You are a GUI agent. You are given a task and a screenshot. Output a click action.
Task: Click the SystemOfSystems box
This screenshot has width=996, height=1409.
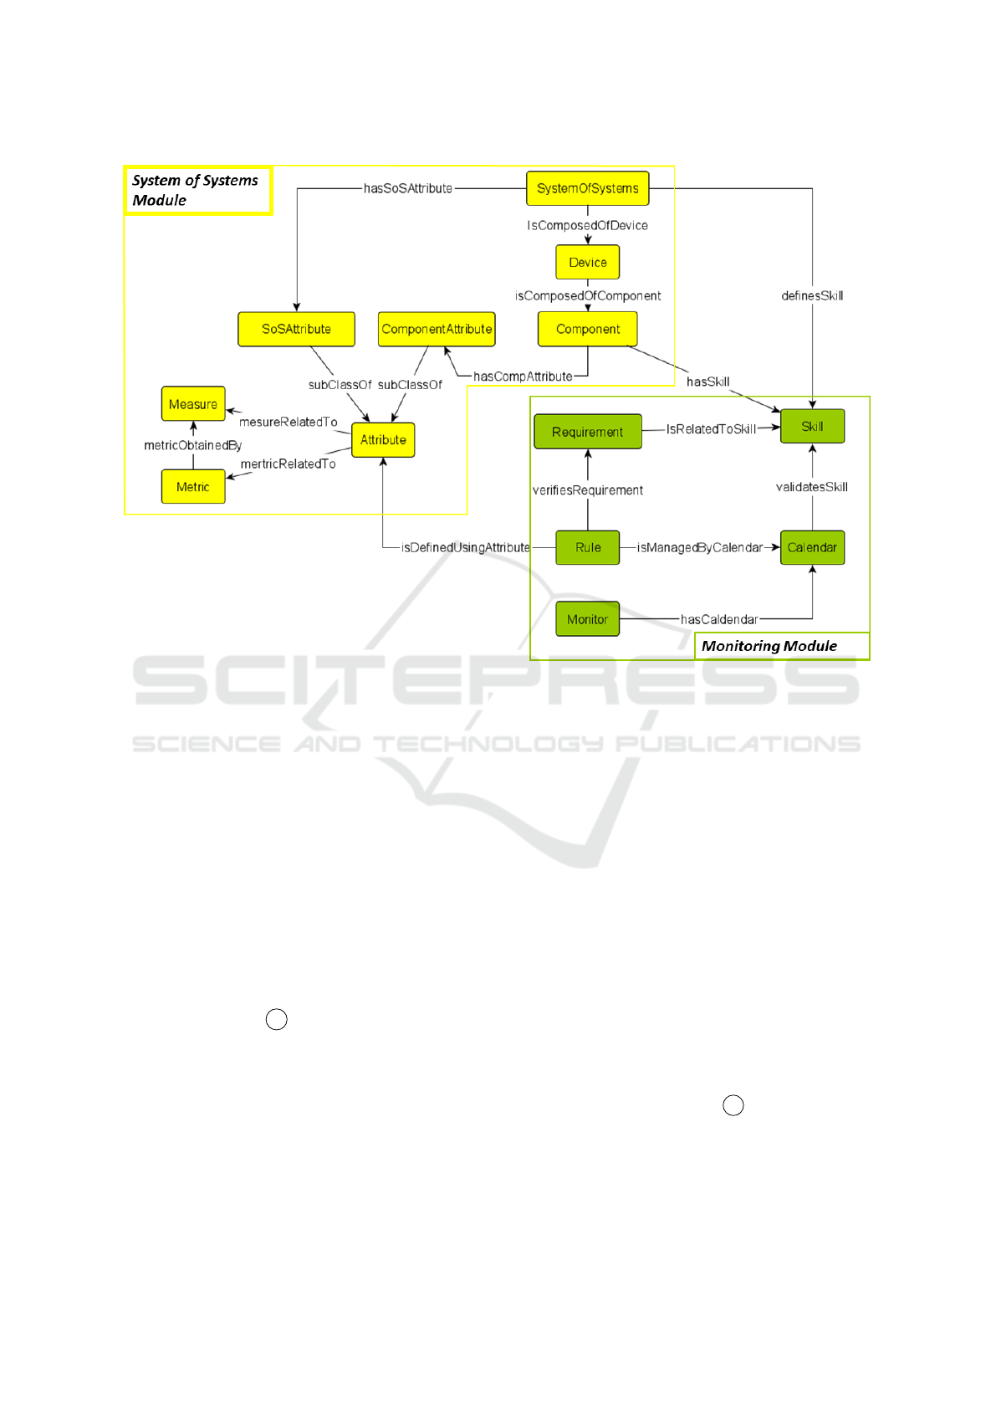[587, 188]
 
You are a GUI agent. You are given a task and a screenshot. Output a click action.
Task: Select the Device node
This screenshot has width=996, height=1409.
[587, 262]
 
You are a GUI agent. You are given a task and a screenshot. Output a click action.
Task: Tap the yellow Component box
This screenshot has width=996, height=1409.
[587, 329]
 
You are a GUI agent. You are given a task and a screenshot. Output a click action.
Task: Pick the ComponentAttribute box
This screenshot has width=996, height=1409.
[437, 329]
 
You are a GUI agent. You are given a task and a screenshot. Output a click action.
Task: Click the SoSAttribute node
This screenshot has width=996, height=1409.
[296, 329]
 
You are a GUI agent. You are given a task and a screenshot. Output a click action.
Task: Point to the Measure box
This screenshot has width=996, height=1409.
[193, 404]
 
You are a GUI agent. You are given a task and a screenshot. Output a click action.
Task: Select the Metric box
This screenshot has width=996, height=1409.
[193, 486]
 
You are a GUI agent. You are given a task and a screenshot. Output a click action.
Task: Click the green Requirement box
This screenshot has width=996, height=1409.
[588, 432]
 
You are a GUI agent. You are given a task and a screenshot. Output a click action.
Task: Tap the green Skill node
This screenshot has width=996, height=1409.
[812, 427]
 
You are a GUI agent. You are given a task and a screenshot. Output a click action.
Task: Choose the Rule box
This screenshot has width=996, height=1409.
[587, 547]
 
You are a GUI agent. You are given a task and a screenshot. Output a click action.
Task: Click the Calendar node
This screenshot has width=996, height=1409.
[812, 547]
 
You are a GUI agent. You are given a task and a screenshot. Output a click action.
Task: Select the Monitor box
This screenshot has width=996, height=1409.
[587, 619]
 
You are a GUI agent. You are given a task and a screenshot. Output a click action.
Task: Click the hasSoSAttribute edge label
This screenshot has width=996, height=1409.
[408, 188]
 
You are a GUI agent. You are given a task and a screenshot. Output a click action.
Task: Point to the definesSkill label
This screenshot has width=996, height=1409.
[812, 295]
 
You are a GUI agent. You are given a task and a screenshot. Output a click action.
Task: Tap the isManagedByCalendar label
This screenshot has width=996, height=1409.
[700, 547]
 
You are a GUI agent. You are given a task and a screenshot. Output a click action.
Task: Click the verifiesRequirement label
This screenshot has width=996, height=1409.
[587, 490]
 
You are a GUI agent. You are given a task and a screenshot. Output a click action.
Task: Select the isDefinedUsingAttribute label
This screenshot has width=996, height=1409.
[465, 547]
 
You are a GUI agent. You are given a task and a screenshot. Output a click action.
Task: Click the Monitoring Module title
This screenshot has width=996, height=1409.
[769, 646]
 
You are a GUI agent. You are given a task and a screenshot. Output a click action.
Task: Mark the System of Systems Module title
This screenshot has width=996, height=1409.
[195, 190]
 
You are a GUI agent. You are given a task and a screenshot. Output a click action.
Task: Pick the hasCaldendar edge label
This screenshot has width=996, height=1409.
[719, 620]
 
